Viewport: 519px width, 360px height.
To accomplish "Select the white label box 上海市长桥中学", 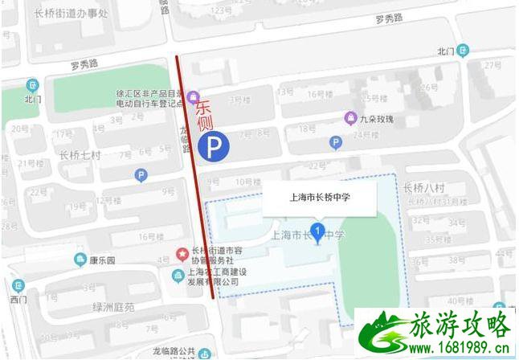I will coord(319,196).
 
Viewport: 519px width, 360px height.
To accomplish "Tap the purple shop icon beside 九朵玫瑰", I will coord(350,118).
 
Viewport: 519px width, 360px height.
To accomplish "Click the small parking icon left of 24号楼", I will coord(337,142).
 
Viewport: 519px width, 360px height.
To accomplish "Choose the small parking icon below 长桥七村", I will coord(141,174).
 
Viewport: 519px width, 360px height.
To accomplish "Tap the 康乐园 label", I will coord(104,260).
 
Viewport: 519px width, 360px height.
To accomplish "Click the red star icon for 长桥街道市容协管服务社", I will coord(182,254).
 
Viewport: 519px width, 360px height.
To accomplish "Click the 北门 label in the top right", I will coord(446,51).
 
